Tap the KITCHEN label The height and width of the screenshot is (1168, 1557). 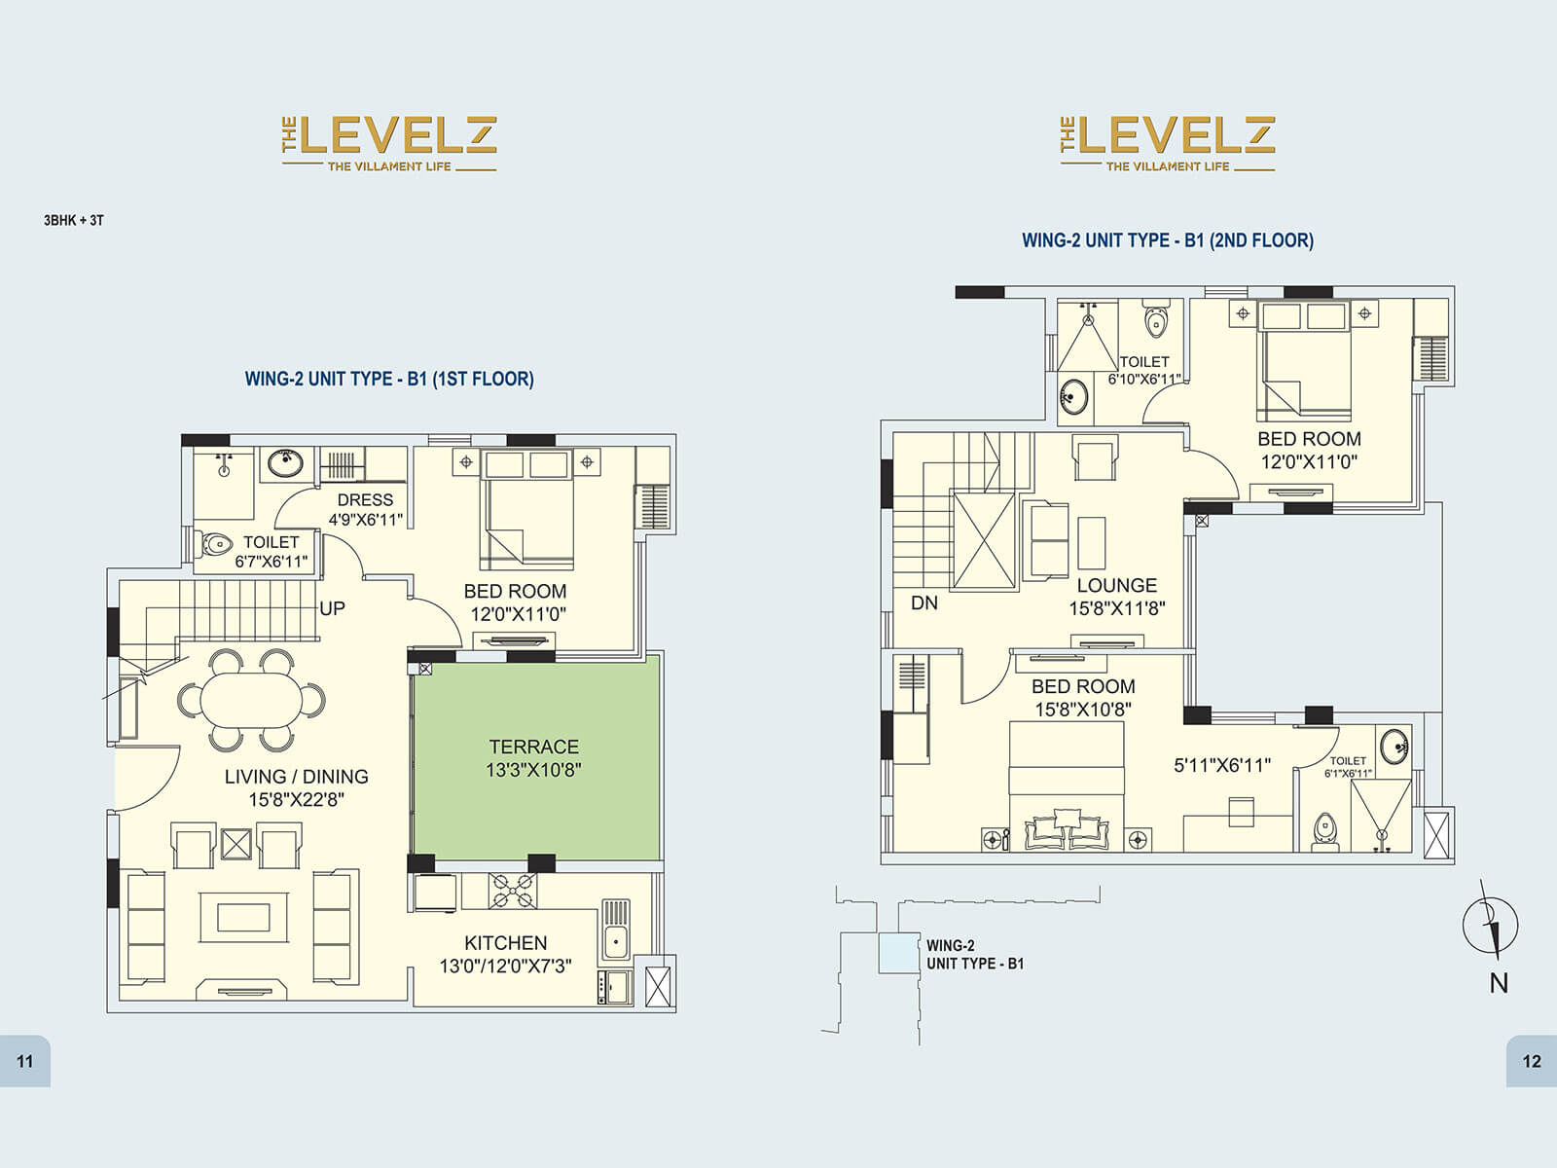505,942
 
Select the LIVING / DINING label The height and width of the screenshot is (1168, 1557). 296,777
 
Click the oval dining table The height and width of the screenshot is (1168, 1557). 251,700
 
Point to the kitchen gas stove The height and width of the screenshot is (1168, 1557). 513,891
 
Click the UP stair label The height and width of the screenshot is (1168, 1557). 333,608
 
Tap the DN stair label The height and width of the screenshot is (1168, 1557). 923,603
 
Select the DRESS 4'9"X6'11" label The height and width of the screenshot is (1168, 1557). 365,509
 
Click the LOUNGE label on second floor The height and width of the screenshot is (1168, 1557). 1116,585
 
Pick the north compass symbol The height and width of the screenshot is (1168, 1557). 1491,925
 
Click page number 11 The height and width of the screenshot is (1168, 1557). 25,1061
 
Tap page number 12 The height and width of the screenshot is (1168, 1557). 1532,1061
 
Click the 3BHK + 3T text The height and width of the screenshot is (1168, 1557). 74,220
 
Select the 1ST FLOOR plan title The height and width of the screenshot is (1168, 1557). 389,379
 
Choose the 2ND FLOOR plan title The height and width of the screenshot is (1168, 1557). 1167,239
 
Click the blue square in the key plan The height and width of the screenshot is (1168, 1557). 898,953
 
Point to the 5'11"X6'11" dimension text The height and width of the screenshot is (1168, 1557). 1222,765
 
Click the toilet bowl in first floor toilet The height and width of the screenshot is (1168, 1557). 216,543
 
